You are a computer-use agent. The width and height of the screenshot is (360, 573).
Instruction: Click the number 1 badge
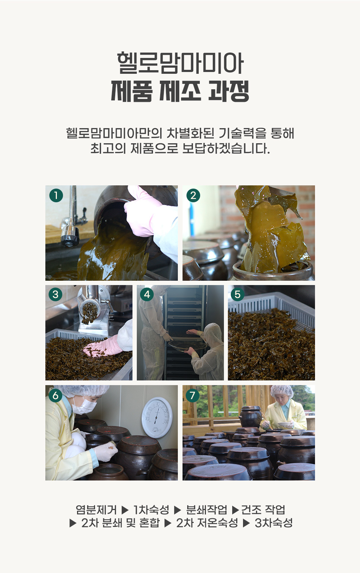click(56, 195)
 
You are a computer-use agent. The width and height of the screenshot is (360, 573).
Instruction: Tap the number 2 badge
click(193, 195)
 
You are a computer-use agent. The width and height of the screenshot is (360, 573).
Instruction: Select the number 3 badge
click(55, 294)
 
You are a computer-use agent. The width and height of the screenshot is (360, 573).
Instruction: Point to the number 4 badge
click(147, 294)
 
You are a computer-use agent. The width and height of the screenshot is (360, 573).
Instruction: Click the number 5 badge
click(238, 294)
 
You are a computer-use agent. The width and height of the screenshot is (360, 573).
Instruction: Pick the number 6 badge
click(55, 396)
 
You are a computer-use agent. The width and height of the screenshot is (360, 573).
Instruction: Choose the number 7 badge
click(193, 396)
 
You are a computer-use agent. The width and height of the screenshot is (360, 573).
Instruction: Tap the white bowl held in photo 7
click(284, 425)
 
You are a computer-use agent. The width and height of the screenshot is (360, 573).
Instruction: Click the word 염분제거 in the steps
click(96, 510)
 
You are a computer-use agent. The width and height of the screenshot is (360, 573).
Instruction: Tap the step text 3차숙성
click(273, 523)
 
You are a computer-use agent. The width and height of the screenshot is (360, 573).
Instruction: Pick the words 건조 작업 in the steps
click(263, 510)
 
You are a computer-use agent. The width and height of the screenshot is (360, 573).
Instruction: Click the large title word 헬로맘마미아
click(180, 63)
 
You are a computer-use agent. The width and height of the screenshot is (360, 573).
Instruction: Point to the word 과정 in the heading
click(228, 91)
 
